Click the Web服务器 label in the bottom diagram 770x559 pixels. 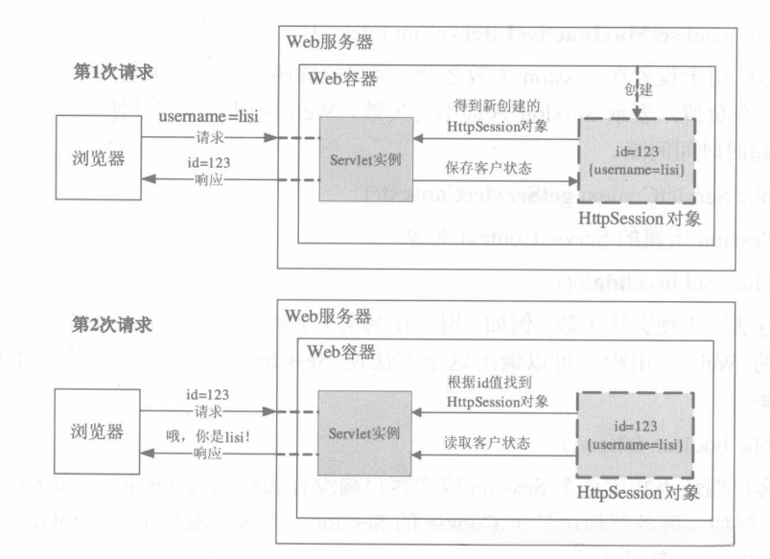[328, 314]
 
